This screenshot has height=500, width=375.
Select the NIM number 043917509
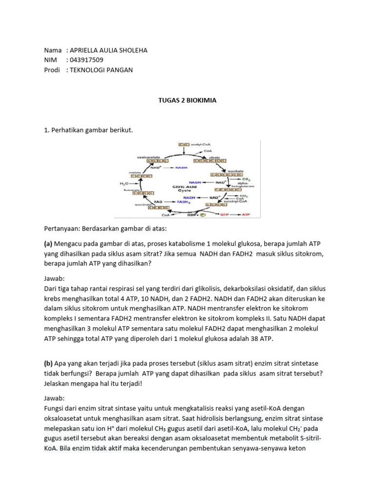87,60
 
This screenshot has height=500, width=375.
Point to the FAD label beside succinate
158,201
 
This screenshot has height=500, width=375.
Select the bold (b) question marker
49,364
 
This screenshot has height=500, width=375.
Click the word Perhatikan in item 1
69,131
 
